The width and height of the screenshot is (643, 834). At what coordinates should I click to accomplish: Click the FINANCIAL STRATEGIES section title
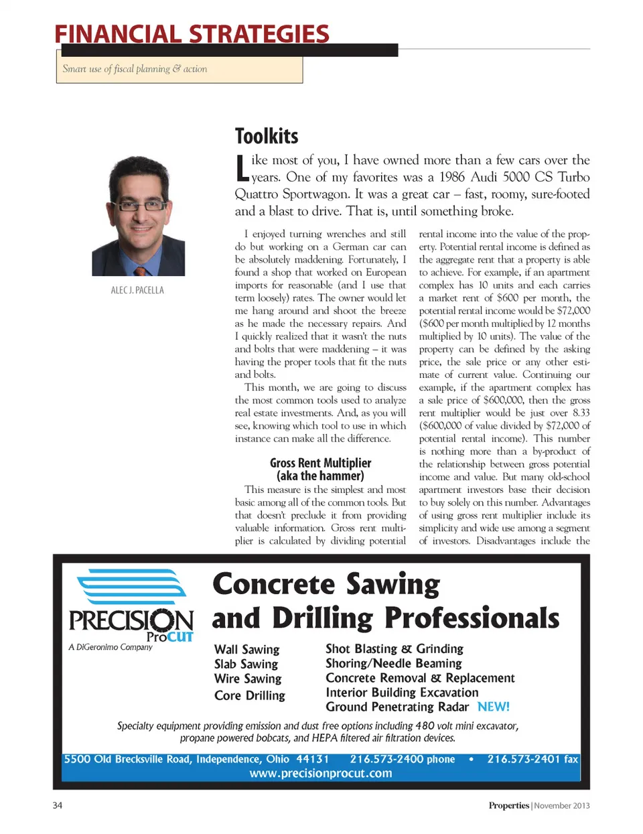click(192, 33)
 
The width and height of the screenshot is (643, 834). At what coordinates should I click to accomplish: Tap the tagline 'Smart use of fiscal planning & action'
click(135, 69)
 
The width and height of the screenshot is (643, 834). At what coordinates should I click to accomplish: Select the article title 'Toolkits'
click(267, 136)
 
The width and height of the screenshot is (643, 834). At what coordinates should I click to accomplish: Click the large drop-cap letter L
click(242, 168)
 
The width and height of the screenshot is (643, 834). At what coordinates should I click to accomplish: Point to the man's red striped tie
click(141, 271)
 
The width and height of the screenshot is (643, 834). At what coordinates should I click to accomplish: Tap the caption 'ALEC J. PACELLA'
click(137, 290)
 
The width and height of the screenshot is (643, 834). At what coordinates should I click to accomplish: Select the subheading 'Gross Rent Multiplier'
click(320, 463)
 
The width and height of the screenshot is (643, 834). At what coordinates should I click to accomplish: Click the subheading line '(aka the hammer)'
click(320, 476)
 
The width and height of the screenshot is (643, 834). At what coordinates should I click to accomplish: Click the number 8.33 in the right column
click(581, 413)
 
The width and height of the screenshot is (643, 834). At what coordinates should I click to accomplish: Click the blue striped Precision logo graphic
click(132, 587)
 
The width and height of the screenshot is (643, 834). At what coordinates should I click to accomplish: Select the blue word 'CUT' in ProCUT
click(180, 636)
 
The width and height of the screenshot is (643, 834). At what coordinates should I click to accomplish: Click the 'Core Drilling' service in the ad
click(249, 695)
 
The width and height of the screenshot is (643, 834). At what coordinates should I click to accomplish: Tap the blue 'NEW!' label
click(493, 707)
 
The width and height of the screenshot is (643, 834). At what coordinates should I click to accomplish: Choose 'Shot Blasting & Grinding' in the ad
click(394, 648)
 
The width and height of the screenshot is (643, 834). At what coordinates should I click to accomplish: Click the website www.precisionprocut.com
click(321, 773)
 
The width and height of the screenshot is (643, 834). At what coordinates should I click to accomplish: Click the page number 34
click(58, 805)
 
